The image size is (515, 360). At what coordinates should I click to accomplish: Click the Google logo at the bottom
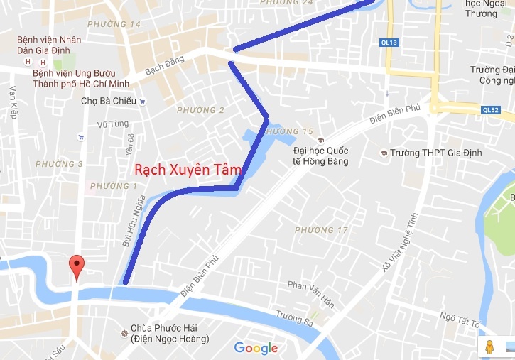coord(256,348)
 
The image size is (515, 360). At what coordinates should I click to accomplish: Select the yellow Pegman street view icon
coord(489,347)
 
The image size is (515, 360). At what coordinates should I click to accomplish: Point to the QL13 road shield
coord(390,43)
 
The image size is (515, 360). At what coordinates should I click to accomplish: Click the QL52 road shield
coord(491,109)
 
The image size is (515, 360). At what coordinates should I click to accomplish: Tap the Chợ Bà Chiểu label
coord(108,101)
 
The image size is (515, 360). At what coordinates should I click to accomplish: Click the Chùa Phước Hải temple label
coord(169,334)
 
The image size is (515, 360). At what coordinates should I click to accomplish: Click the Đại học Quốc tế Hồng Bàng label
coord(322,154)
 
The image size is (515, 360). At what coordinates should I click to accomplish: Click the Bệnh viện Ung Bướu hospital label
coord(78,78)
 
